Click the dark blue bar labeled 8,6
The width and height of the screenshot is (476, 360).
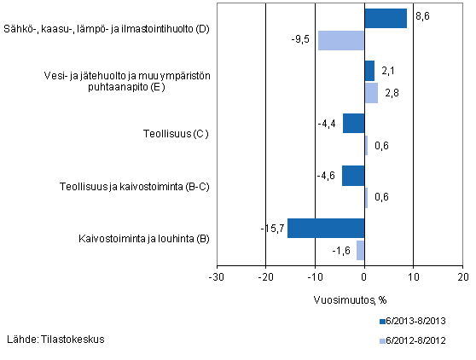pos(386,18)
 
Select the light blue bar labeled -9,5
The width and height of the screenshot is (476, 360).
pos(341,40)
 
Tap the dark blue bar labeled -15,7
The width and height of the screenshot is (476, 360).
pos(326,228)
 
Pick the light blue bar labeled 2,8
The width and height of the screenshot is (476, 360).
pos(371,93)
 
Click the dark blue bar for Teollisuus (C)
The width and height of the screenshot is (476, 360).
pos(354,123)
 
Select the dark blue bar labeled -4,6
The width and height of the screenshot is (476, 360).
pos(353,175)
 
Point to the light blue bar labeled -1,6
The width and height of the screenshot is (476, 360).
pos(361,250)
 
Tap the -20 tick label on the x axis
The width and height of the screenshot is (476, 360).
pos(265,277)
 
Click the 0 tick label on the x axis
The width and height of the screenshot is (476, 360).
pos(364,277)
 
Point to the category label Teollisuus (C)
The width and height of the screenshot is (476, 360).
pos(175,134)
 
